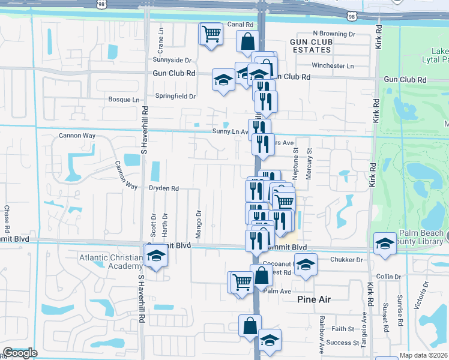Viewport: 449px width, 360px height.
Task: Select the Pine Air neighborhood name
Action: (314, 299)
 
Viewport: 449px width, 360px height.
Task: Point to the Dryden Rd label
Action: (164, 188)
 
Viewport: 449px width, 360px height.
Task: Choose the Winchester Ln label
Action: (333, 66)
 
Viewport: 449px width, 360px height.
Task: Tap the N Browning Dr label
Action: (334, 34)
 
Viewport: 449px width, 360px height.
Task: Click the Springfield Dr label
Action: (176, 96)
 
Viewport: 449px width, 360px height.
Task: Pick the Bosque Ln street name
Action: (123, 100)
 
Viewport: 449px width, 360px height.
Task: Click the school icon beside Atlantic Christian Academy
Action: (156, 256)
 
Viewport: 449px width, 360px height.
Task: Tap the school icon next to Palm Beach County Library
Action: (385, 244)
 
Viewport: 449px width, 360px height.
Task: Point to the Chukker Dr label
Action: (347, 260)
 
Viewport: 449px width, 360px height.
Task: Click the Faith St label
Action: (343, 329)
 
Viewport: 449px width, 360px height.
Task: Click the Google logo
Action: (20, 353)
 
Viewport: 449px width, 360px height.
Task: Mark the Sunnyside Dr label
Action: (172, 60)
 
